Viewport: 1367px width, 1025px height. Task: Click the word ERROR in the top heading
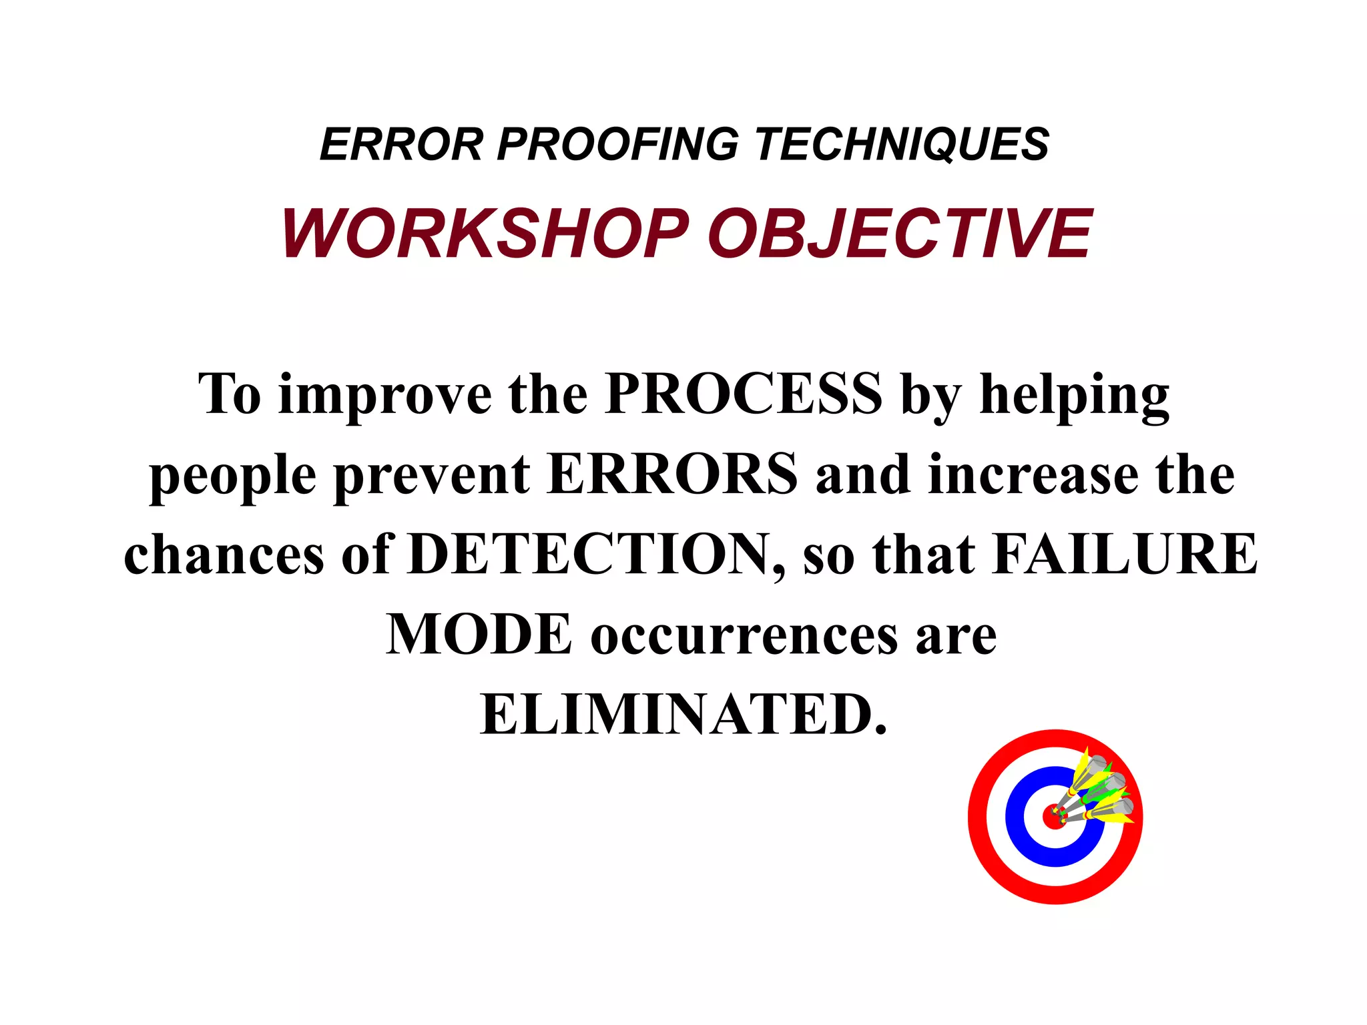coord(401,144)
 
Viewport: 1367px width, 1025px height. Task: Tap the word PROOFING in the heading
coord(618,144)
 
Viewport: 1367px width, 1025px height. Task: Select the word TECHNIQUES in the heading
coord(902,144)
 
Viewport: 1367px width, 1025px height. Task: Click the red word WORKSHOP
coord(485,234)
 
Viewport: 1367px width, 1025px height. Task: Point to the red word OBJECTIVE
coord(899,234)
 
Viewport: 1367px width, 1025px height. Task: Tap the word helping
coord(1074,395)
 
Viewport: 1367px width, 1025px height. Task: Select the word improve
coord(384,395)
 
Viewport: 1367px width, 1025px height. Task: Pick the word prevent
coord(432,475)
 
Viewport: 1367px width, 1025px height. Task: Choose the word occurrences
coord(744,635)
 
